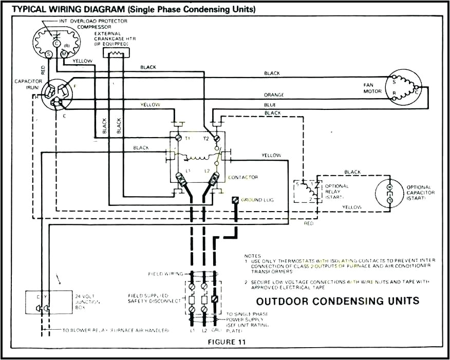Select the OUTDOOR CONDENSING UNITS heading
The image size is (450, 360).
338,301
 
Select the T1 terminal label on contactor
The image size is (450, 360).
188,139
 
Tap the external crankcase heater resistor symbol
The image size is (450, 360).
116,52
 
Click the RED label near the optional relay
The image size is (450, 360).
308,224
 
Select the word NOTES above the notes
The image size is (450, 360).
253,256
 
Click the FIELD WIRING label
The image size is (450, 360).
162,274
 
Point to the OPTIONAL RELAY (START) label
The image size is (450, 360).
337,192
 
